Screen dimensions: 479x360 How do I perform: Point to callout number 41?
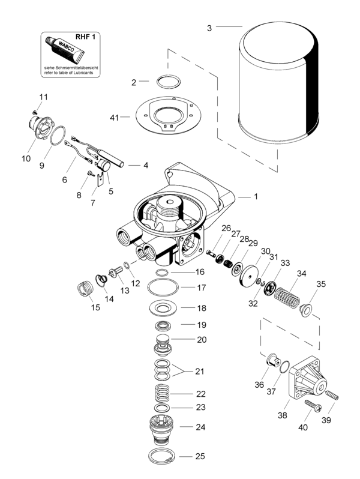tap(114, 117)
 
